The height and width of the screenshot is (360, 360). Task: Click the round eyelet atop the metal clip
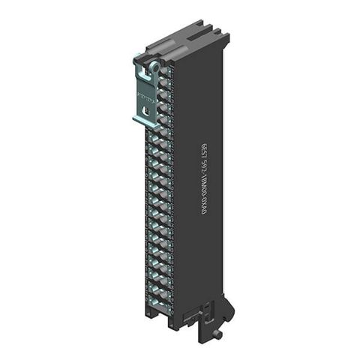pos(154,67)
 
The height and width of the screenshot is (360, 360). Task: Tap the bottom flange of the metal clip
pos(142,119)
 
